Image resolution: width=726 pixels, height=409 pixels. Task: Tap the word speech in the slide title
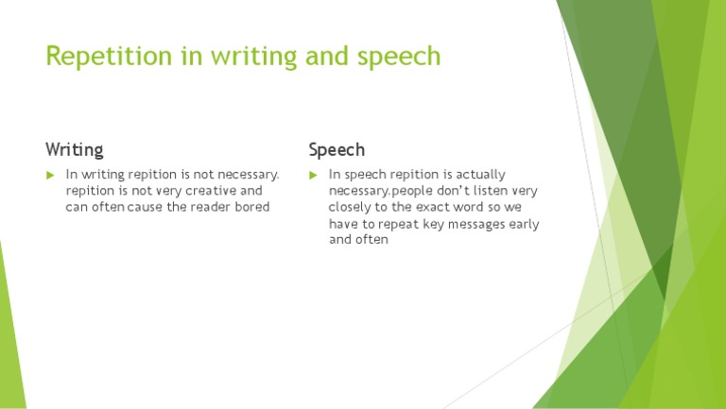pos(399,57)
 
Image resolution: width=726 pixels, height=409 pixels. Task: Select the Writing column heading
pos(75,149)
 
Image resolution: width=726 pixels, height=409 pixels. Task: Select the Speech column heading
pos(337,149)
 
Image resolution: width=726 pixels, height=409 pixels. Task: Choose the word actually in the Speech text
pos(482,175)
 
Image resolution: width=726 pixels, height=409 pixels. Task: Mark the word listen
pos(487,191)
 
